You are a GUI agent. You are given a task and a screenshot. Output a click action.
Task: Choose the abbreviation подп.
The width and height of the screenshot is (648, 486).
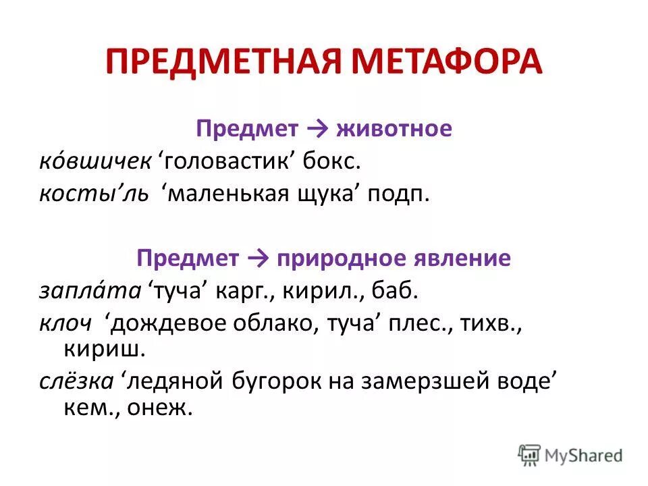(x=399, y=194)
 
